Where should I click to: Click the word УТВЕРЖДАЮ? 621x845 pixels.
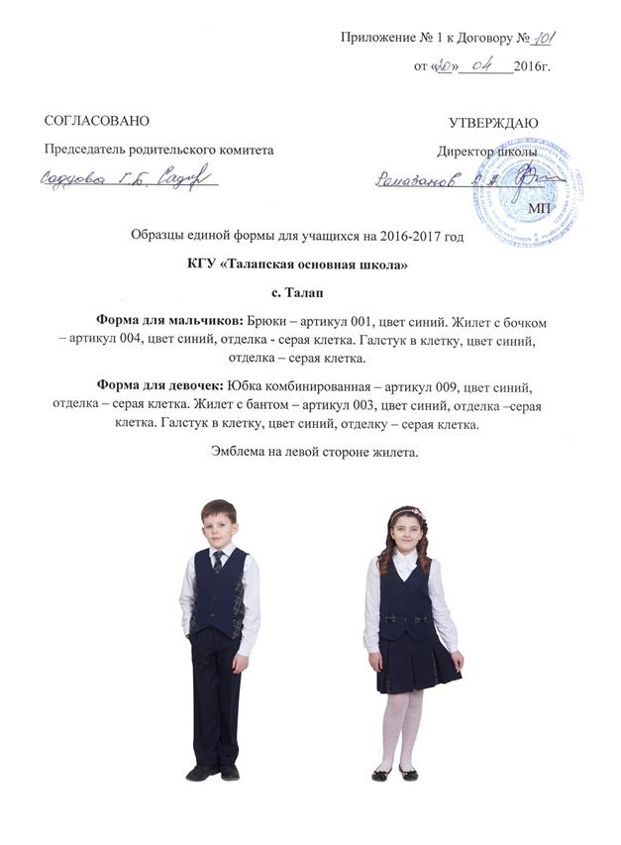click(493, 123)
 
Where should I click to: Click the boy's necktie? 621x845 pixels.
click(218, 562)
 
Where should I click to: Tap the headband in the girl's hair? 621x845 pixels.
click(405, 511)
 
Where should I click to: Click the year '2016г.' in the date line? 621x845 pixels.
click(533, 66)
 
